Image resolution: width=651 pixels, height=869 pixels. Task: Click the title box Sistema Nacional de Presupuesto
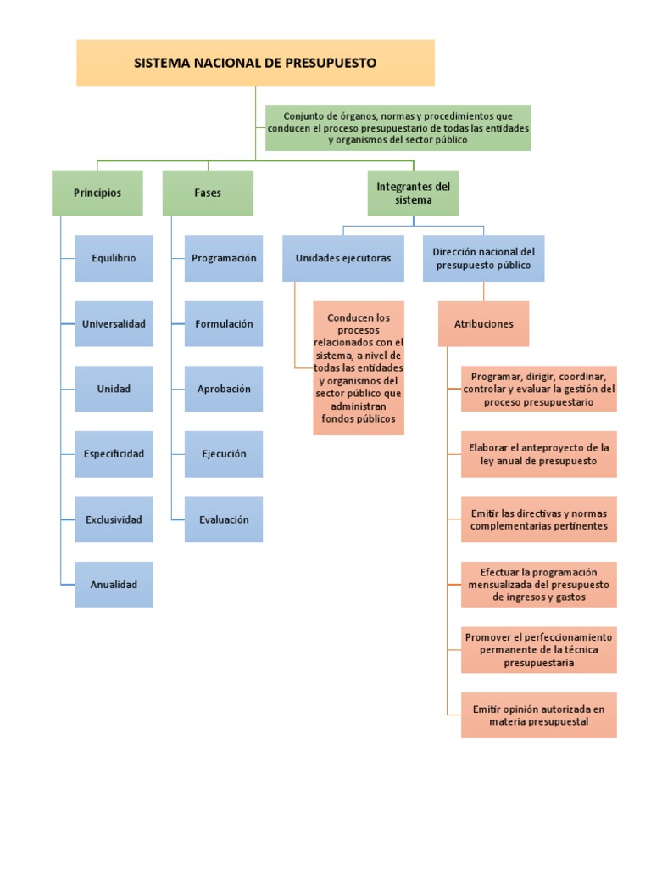pos(255,63)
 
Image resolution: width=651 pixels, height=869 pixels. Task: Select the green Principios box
pos(97,193)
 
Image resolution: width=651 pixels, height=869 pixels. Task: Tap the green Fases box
pos(208,193)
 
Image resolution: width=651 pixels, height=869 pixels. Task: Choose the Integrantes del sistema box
pos(413,193)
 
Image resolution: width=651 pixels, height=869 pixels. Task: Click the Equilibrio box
pos(114,258)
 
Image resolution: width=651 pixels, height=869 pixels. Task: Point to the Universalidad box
pos(114,323)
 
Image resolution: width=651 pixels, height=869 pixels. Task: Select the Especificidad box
pos(114,454)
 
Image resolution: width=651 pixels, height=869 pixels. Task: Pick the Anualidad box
pos(114,585)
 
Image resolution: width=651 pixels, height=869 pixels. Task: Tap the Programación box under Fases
pos(224,258)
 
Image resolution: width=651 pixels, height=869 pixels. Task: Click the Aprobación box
pos(224,389)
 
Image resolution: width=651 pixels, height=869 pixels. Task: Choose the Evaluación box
pos(224,519)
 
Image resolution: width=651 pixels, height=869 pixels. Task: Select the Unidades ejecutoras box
pos(343,258)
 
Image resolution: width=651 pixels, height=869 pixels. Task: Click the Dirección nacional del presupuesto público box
pos(483,258)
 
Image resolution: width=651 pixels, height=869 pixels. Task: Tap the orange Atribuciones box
pos(483,323)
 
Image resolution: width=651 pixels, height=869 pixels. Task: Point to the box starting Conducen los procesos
pos(359,368)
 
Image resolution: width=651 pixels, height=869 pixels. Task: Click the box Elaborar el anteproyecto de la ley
pos(539,454)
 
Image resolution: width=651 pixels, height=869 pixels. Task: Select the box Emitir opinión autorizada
pos(539,715)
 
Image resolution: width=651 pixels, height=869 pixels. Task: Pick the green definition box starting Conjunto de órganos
pos(398,127)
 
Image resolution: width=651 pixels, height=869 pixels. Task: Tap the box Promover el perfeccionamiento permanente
pos(539,650)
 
